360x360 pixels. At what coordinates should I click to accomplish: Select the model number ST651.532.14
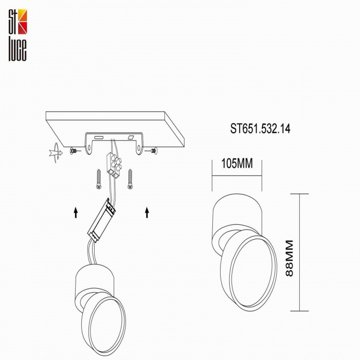click(x=260, y=129)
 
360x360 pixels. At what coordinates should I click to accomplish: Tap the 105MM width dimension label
click(x=237, y=164)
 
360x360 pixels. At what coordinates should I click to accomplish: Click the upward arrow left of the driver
click(x=76, y=212)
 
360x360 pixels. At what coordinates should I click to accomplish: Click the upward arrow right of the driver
click(x=147, y=212)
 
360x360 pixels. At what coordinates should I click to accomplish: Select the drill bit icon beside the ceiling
click(x=54, y=152)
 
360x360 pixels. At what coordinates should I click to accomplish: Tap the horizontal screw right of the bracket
click(x=153, y=151)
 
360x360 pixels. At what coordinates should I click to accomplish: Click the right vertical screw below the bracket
click(x=130, y=178)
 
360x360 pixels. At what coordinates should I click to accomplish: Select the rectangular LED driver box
click(x=103, y=221)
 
